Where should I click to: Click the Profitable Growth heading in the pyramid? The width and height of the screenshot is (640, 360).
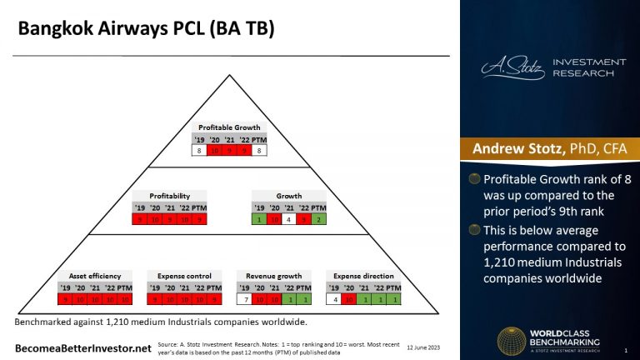[230, 127]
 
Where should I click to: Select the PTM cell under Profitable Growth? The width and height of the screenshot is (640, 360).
[260, 151]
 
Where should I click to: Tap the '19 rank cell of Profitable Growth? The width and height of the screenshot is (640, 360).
[198, 151]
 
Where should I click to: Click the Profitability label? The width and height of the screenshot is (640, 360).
[170, 196]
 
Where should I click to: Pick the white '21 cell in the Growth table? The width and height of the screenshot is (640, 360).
[289, 220]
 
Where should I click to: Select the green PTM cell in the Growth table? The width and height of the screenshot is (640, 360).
[319, 220]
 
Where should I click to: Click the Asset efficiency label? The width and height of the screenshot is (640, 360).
[94, 275]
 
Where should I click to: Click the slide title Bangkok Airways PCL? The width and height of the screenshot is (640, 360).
[147, 30]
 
